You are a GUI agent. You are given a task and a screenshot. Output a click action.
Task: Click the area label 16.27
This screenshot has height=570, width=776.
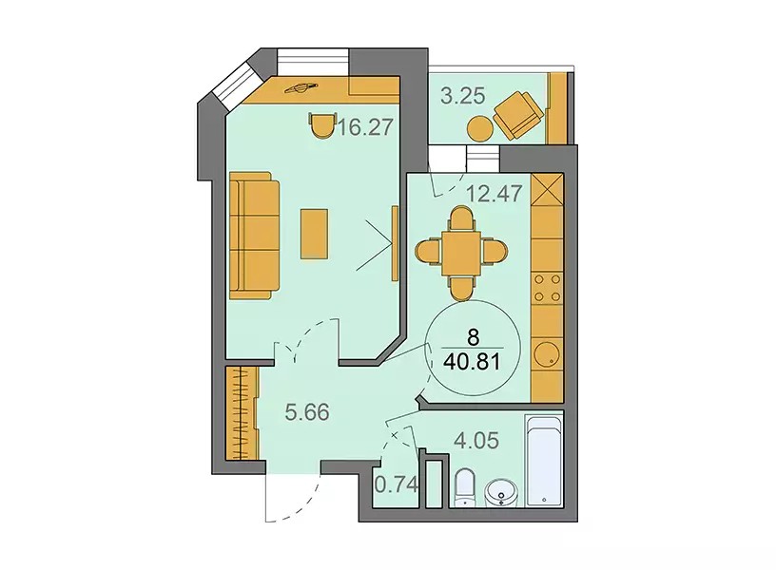[366, 127]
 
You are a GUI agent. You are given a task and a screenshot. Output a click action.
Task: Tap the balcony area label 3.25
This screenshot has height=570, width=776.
[463, 95]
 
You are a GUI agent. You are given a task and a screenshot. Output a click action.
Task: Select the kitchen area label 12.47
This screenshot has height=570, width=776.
[495, 193]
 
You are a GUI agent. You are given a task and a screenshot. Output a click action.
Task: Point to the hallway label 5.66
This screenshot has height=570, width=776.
[307, 411]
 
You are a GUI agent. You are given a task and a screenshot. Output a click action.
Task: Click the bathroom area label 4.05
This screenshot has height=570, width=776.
[477, 440]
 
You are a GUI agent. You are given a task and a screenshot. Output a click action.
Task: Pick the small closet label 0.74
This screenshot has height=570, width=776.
[397, 484]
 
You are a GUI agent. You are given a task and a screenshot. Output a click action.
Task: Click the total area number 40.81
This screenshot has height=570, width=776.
[472, 362]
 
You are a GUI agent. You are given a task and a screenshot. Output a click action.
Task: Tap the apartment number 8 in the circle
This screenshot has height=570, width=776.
[474, 338]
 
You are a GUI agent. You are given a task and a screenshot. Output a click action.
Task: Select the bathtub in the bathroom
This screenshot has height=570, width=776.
[544, 461]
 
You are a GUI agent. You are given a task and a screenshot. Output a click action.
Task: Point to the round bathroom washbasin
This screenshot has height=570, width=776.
[501, 493]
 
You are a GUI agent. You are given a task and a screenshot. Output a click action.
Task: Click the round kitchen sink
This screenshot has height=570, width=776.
[547, 354]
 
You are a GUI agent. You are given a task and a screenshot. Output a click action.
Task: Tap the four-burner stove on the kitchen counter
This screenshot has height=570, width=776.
[548, 288]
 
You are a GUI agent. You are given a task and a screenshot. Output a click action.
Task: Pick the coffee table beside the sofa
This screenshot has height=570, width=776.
[314, 234]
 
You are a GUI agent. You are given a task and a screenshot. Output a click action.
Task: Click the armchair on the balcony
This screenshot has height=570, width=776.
[517, 115]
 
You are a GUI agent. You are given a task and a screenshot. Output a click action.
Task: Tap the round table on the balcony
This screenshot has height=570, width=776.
[480, 128]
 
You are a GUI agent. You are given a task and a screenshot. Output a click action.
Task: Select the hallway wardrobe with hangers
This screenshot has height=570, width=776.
[242, 413]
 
